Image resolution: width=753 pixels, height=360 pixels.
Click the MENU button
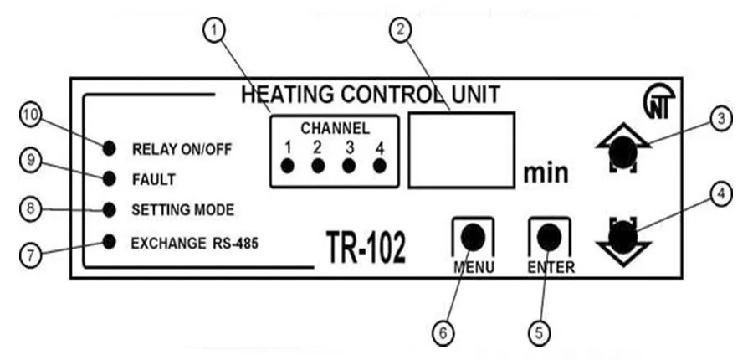[x=473, y=237]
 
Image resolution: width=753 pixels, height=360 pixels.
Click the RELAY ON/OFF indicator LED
[x=110, y=149]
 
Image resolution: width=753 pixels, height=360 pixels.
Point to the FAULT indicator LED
[x=110, y=178]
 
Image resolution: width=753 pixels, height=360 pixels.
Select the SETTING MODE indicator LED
[x=110, y=208]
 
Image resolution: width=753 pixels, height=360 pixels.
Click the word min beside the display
[x=546, y=173]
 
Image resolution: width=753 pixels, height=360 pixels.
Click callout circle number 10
[x=31, y=118]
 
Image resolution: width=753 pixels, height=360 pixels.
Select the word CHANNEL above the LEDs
[x=335, y=129]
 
